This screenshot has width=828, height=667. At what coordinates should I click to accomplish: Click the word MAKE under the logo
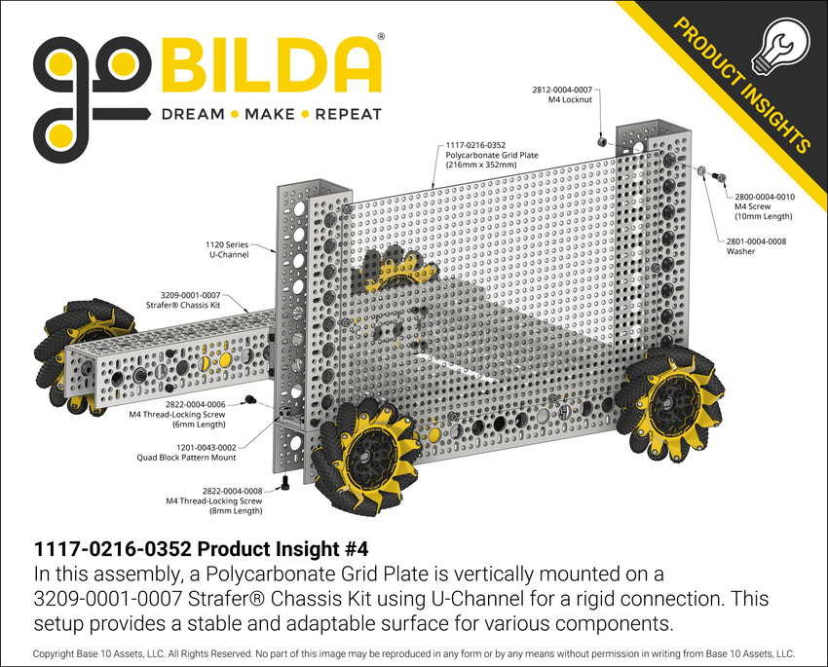tap(270, 114)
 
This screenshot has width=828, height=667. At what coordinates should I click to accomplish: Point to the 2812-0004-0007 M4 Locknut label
tap(561, 93)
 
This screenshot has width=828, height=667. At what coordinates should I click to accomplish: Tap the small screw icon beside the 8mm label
tap(285, 482)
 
